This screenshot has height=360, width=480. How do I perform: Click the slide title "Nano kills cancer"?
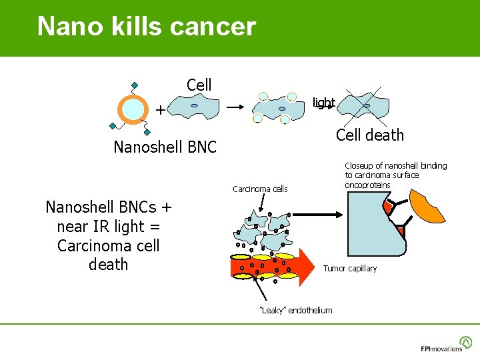pyautogui.click(x=147, y=27)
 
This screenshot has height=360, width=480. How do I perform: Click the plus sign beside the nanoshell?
pyautogui.click(x=160, y=109)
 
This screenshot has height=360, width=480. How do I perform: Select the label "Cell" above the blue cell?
pyautogui.click(x=199, y=85)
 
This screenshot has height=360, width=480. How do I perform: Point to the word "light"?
pyautogui.click(x=324, y=103)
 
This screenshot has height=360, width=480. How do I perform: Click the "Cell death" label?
pyautogui.click(x=369, y=135)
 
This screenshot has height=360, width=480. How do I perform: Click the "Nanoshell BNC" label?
pyautogui.click(x=165, y=147)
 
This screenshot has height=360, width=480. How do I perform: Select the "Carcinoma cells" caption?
pyautogui.click(x=260, y=189)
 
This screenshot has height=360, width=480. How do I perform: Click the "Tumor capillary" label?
pyautogui.click(x=349, y=269)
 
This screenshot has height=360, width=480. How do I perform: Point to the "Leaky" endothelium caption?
pyautogui.click(x=295, y=311)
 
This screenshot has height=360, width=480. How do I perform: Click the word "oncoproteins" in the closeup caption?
pyautogui.click(x=367, y=185)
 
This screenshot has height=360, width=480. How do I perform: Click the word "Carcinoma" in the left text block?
pyautogui.click(x=109, y=245)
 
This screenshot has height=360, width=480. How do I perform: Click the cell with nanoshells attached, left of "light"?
pyautogui.click(x=274, y=108)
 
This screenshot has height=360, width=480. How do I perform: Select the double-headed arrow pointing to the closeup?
pyautogui.click(x=317, y=215)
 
